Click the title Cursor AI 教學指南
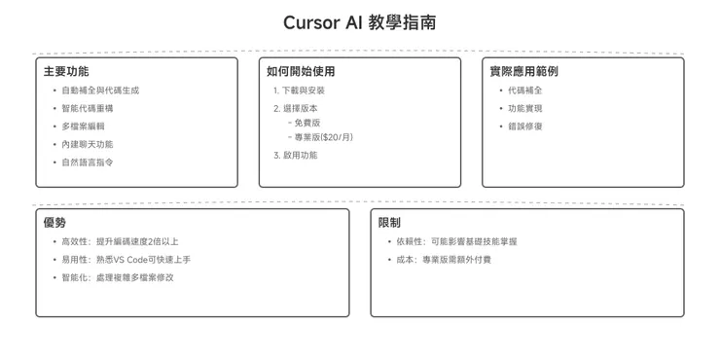[x=359, y=22]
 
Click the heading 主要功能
[x=66, y=71]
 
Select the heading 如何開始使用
[x=301, y=71]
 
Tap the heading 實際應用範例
[x=523, y=71]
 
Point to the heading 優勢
[x=54, y=223]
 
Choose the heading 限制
[x=389, y=223]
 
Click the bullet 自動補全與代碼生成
[x=100, y=90]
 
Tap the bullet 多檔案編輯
[x=83, y=126]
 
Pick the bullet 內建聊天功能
[x=88, y=144]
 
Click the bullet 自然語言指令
[x=88, y=162]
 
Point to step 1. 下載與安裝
[x=300, y=90]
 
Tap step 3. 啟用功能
[x=296, y=155]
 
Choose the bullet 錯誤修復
[x=525, y=126]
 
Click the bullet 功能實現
[x=525, y=108]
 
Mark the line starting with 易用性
[x=126, y=260]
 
